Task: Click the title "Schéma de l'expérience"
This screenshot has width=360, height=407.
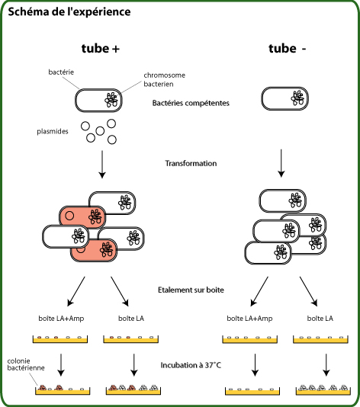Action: point(69,12)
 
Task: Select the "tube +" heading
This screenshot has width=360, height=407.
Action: point(101,49)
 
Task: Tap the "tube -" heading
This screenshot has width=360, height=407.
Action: point(288,49)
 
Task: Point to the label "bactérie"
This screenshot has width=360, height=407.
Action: point(61,72)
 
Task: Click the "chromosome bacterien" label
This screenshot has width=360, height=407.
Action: point(165,79)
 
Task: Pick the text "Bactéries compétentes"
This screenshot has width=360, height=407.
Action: point(191,103)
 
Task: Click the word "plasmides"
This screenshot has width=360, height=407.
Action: point(53,131)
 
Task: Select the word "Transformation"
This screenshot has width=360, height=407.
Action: point(191,163)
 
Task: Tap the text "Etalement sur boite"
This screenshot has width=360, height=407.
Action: point(191,290)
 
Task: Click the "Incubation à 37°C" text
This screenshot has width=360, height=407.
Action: point(191,365)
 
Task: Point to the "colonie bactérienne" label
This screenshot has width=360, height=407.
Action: point(26,364)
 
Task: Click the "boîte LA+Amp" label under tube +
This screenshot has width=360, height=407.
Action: point(61,319)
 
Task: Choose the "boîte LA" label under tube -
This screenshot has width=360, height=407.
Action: point(320,319)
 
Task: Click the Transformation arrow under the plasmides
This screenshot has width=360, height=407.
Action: point(102,165)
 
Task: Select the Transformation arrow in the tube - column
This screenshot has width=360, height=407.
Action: point(281,163)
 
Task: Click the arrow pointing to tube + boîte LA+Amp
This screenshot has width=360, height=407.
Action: point(76,291)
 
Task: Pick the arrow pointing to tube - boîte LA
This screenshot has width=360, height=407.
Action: point(309,291)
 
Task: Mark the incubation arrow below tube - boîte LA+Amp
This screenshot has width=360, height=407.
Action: point(255,364)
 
